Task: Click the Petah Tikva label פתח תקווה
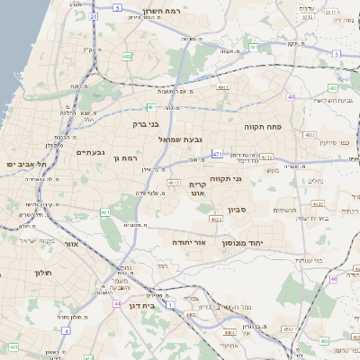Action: (x=263, y=128)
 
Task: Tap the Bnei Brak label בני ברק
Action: (x=145, y=124)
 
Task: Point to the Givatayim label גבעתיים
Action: (x=91, y=153)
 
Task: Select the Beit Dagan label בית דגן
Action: (x=162, y=306)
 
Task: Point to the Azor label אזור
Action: (x=72, y=243)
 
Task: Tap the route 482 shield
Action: (x=128, y=56)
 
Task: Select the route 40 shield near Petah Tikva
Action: (x=291, y=96)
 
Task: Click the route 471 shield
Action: (x=218, y=155)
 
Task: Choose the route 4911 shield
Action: (x=223, y=87)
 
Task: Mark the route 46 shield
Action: (x=333, y=279)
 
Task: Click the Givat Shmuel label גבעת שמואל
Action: (x=182, y=139)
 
